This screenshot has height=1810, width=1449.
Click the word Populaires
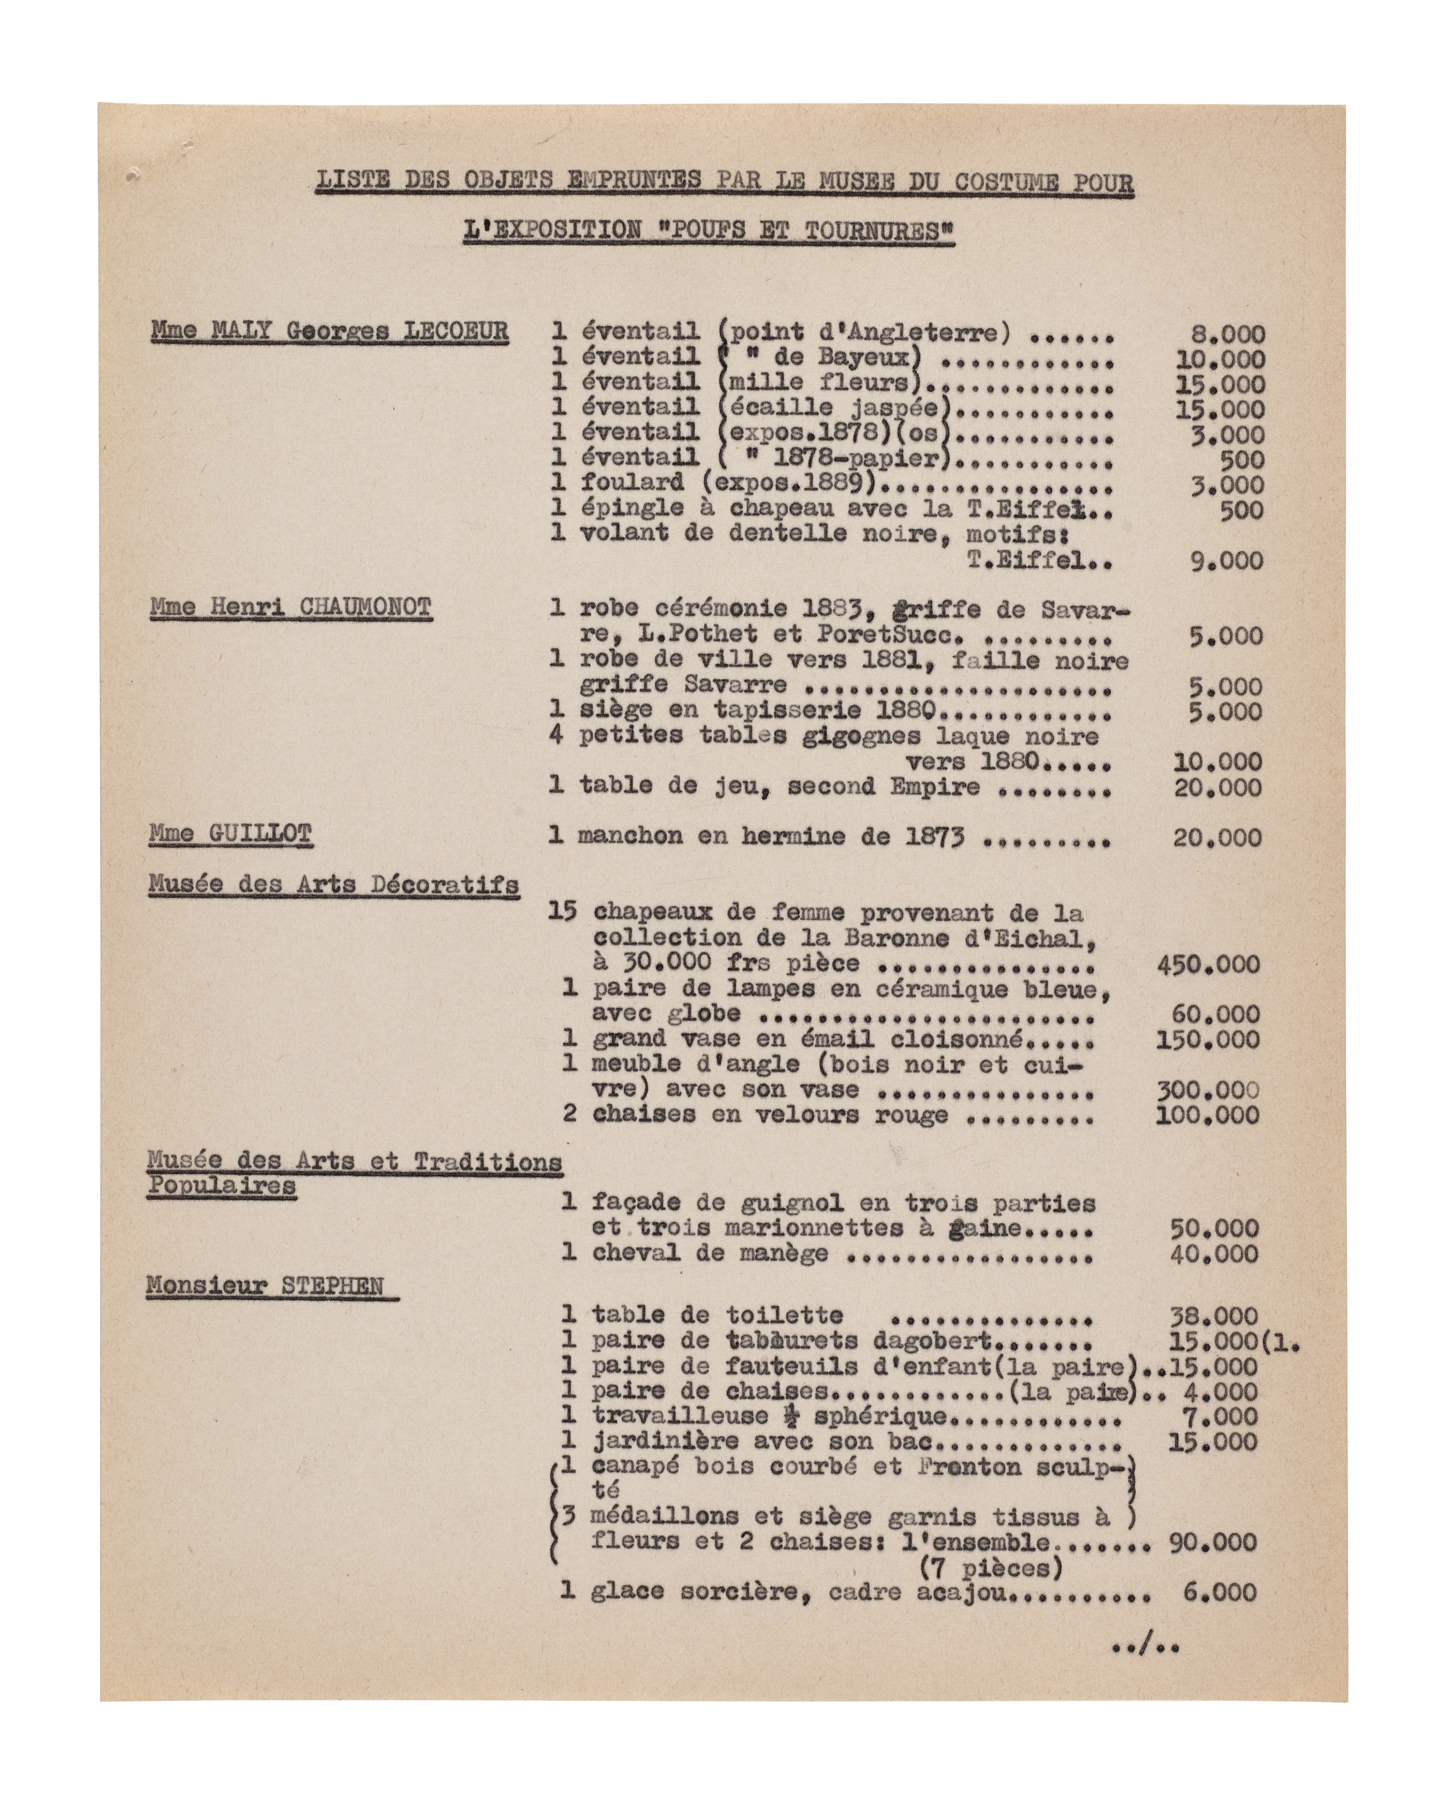222,1186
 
